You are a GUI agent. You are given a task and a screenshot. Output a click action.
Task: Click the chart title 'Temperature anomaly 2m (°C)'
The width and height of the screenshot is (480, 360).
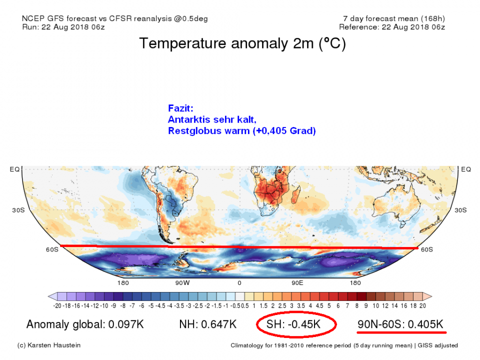click(x=242, y=43)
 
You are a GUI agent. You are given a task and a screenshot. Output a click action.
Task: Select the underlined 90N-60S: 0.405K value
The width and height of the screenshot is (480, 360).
click(x=400, y=325)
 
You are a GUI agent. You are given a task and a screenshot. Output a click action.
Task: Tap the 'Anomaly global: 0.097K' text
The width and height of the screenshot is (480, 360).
click(x=85, y=325)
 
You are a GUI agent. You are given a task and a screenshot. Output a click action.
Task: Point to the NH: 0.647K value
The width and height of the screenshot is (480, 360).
click(x=207, y=325)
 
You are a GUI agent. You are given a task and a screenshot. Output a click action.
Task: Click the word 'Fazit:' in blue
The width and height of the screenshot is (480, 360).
click(x=180, y=107)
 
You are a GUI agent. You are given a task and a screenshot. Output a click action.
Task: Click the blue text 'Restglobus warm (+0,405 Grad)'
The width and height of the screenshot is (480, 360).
click(x=242, y=131)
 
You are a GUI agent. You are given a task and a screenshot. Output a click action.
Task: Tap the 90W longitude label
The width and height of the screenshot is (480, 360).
click(x=182, y=283)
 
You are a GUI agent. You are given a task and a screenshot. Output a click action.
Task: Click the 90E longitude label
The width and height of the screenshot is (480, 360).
click(x=297, y=283)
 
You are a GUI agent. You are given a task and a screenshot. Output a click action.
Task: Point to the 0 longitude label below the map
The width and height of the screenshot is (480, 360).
click(x=239, y=283)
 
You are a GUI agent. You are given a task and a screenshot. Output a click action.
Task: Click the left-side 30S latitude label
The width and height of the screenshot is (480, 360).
click(x=18, y=210)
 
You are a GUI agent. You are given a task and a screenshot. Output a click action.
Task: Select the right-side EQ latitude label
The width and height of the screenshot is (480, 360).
click(x=466, y=169)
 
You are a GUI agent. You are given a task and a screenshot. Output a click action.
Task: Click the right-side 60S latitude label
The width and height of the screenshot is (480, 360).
click(x=426, y=249)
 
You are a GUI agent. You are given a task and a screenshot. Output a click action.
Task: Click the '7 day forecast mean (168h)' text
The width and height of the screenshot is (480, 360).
click(x=392, y=18)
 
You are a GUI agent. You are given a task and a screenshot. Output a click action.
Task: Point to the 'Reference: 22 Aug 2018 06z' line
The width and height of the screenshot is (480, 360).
click(x=392, y=27)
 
